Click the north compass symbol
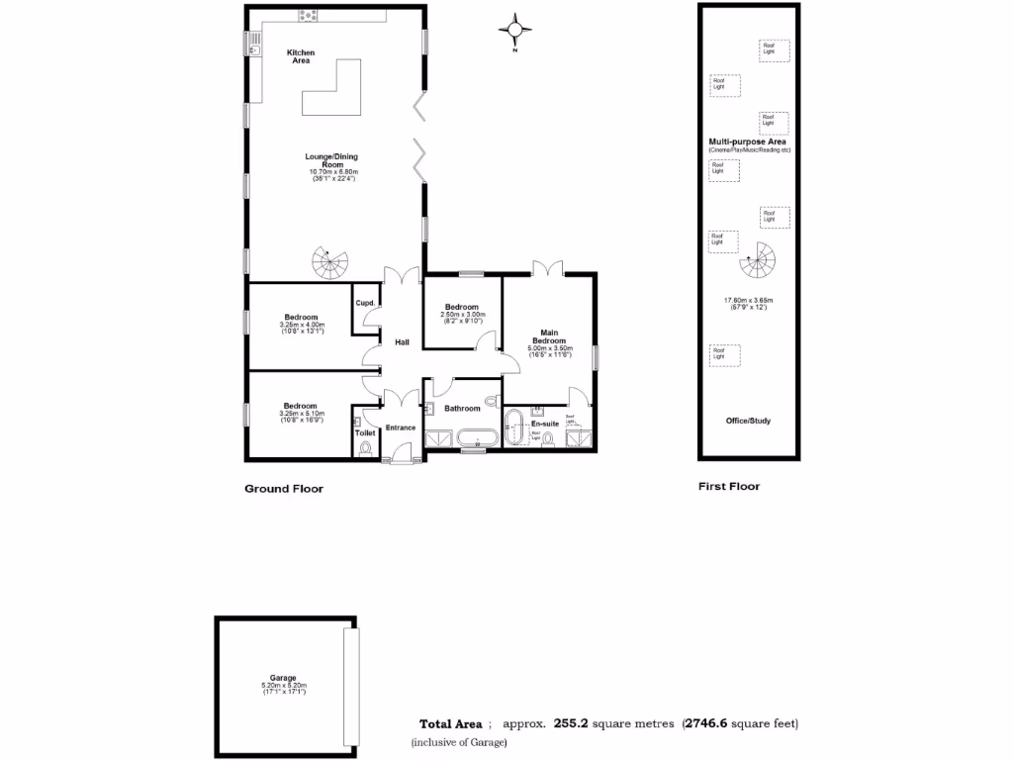[x=514, y=30]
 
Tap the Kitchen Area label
[x=301, y=56]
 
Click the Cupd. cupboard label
[x=363, y=302]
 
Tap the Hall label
[x=403, y=341]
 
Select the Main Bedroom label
[x=551, y=336]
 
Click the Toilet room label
[x=364, y=432]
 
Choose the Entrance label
[x=400, y=427]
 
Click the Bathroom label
[x=462, y=408]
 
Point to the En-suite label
[x=545, y=424]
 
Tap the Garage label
[x=284, y=678]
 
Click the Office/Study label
[x=748, y=421]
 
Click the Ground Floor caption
[x=284, y=488]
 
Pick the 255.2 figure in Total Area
[x=571, y=723]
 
